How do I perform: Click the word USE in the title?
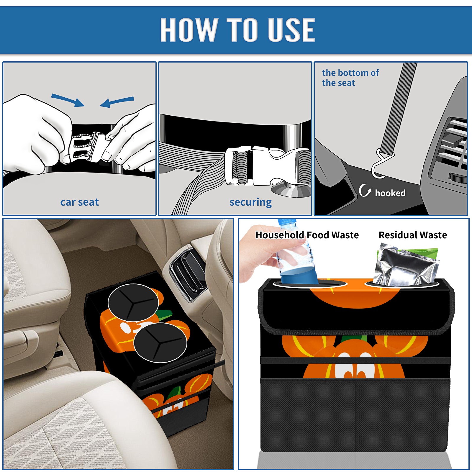pos(291,30)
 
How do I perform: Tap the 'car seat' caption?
pos(79,202)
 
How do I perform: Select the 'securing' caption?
pos(250,202)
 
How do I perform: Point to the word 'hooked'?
pos(390,193)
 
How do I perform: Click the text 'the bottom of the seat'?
pos(350,78)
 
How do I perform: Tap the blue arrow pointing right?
pos(68,100)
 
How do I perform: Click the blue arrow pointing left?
pos(117,102)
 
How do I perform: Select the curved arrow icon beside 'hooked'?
pos(365,190)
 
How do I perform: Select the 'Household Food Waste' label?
pos(307,235)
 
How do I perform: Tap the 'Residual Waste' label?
pos(413,235)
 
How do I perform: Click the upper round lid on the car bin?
pos(133,302)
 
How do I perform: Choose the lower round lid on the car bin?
pos(160,342)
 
